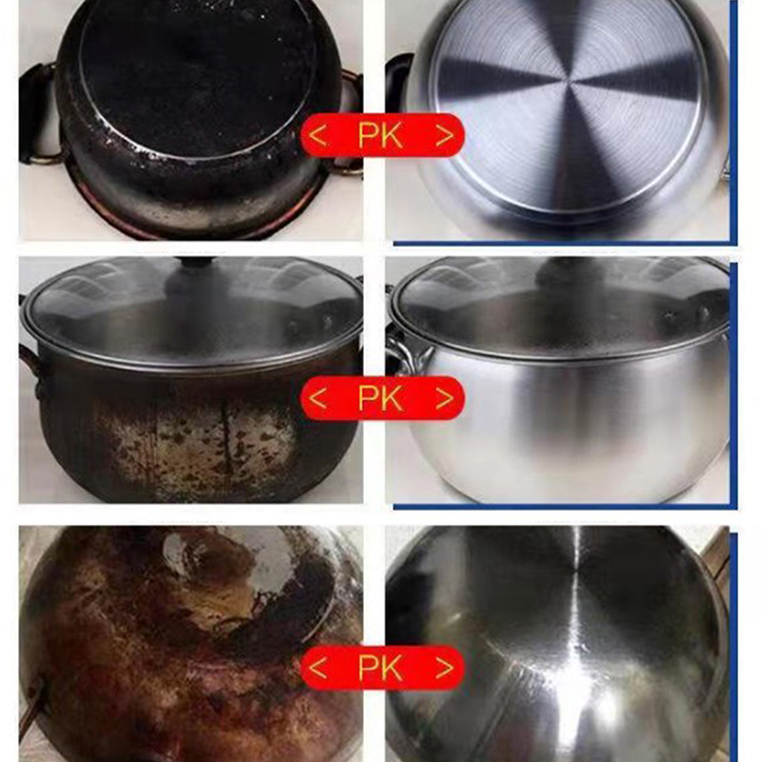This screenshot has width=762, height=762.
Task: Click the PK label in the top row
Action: [380, 135]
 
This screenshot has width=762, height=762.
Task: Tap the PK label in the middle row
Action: [380, 398]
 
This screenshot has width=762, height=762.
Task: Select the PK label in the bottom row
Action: [380, 668]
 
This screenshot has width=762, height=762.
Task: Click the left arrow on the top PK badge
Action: [317, 135]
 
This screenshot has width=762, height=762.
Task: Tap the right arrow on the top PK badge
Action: [445, 135]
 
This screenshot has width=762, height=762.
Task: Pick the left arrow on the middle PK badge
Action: [317, 398]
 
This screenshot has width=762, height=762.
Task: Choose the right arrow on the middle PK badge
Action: [445, 398]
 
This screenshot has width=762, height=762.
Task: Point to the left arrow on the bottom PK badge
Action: [317, 668]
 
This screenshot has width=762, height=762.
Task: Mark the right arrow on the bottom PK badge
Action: [445, 668]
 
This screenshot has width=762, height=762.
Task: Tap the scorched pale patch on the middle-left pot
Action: [194, 442]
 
